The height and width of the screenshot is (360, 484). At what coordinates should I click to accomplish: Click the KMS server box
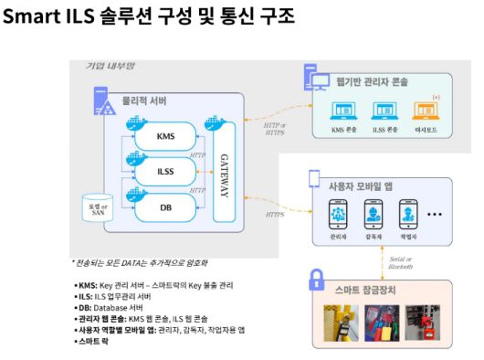(165, 137)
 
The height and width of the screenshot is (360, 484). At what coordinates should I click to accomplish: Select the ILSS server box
(165, 171)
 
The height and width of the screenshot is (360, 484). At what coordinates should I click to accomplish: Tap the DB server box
(165, 206)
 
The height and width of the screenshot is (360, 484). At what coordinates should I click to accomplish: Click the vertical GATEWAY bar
(225, 171)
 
